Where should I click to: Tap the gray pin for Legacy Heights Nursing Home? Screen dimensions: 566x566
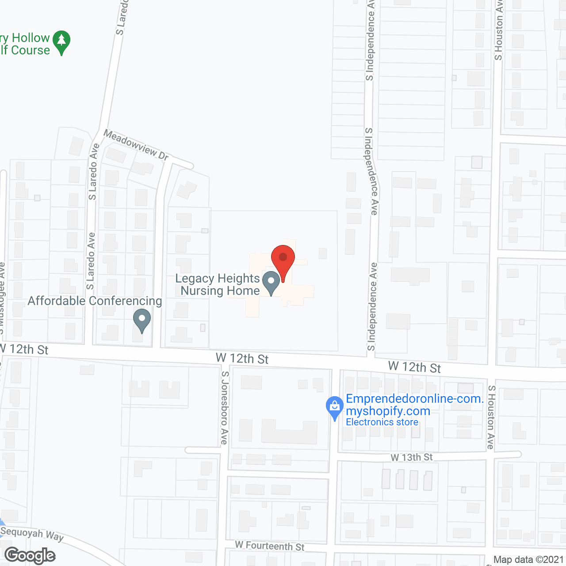(x=271, y=282)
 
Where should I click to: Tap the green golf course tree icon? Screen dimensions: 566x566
(x=61, y=42)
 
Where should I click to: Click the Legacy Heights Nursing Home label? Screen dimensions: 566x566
(x=218, y=284)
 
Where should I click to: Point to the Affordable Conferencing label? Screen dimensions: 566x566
(x=95, y=301)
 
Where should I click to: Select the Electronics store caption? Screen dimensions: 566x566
(x=382, y=422)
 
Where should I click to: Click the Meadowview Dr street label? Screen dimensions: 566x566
(x=136, y=145)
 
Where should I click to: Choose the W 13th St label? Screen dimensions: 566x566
(x=412, y=457)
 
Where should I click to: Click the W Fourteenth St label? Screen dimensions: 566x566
(x=270, y=546)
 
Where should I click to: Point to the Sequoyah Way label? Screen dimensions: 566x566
(x=32, y=534)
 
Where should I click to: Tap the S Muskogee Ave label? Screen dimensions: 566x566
(x=2, y=298)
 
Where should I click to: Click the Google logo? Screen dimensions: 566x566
(x=30, y=556)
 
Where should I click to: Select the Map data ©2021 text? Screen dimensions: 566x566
(x=529, y=560)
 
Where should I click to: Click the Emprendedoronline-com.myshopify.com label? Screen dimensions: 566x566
(x=414, y=405)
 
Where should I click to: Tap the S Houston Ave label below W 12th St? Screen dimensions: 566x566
(x=491, y=417)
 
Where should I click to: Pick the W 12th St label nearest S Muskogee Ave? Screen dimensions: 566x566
(x=25, y=349)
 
